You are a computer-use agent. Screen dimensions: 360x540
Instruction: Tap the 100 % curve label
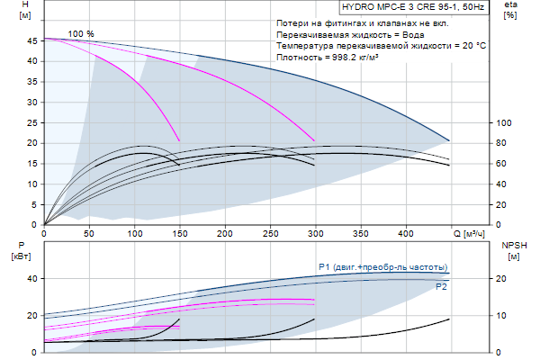point(81,33)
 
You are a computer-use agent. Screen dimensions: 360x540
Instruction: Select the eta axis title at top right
point(510,11)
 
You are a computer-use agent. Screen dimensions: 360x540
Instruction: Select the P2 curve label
point(441,286)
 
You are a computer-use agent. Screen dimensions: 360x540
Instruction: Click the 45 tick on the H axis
point(33,40)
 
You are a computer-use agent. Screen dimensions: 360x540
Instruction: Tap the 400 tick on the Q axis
point(406,233)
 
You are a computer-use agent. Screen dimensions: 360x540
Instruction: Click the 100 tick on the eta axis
point(504,123)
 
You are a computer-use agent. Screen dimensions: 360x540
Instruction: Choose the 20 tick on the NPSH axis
point(505,279)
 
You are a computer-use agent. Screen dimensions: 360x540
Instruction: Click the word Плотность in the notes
point(300,57)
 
